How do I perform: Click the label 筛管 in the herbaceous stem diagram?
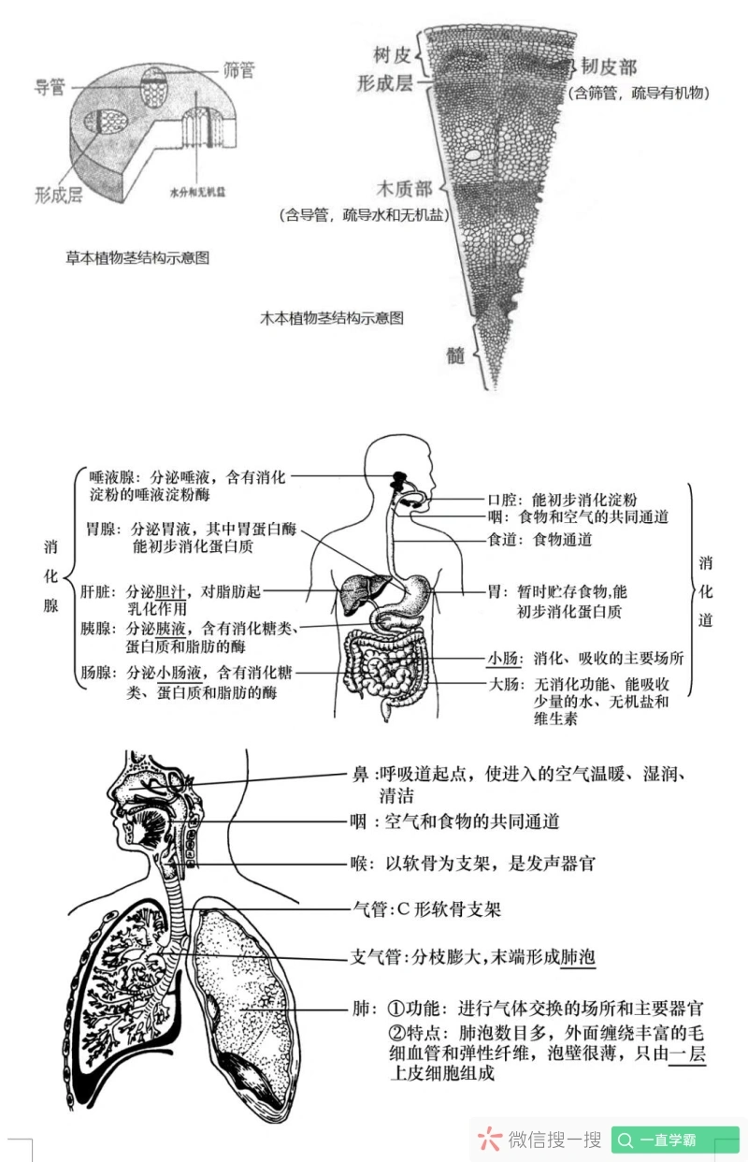tap(238, 69)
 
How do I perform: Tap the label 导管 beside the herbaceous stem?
tap(50, 87)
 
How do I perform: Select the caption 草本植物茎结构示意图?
tap(137, 257)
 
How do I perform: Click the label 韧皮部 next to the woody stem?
tap(609, 66)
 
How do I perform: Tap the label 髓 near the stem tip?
tap(455, 356)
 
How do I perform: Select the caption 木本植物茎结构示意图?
tap(332, 318)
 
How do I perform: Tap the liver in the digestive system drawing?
tap(354, 590)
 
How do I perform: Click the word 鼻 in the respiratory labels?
tap(360, 775)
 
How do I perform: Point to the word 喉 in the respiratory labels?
tap(361, 864)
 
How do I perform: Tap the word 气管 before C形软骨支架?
tap(367, 908)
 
